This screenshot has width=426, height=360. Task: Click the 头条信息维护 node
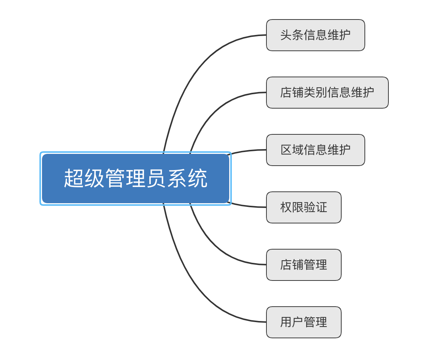tap(315, 35)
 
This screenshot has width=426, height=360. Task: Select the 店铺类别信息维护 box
tap(327, 92)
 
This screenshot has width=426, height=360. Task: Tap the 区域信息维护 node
tap(315, 150)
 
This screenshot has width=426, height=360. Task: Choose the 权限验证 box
tap(304, 207)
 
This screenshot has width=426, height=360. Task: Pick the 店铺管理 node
tap(304, 265)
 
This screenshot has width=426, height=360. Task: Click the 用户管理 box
tap(304, 322)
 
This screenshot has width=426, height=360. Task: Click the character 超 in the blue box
tap(74, 179)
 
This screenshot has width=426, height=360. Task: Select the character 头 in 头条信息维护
tap(286, 35)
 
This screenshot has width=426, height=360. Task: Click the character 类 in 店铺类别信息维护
tap(310, 92)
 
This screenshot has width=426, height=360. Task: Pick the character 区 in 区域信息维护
tap(286, 150)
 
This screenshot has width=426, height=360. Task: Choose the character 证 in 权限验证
tap(321, 207)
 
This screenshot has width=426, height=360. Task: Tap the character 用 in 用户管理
tap(286, 322)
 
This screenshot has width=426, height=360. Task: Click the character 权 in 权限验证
tap(286, 207)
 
